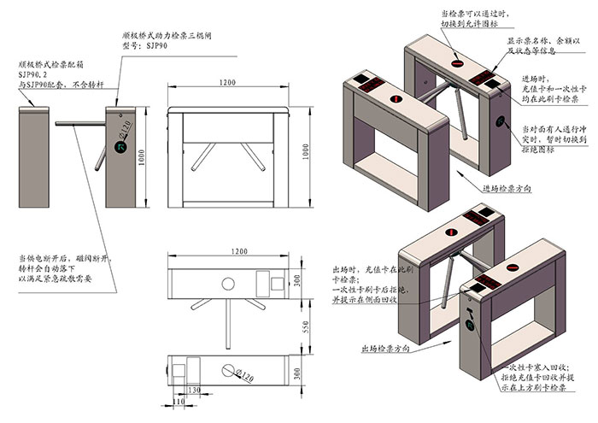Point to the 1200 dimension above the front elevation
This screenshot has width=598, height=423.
click(x=226, y=82)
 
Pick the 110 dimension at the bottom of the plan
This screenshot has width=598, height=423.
click(x=179, y=401)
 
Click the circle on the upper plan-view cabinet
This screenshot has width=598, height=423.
click(x=227, y=283)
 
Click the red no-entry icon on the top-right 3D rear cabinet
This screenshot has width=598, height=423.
click(x=459, y=63)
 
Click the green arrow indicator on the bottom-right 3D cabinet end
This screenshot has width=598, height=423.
click(x=472, y=325)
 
